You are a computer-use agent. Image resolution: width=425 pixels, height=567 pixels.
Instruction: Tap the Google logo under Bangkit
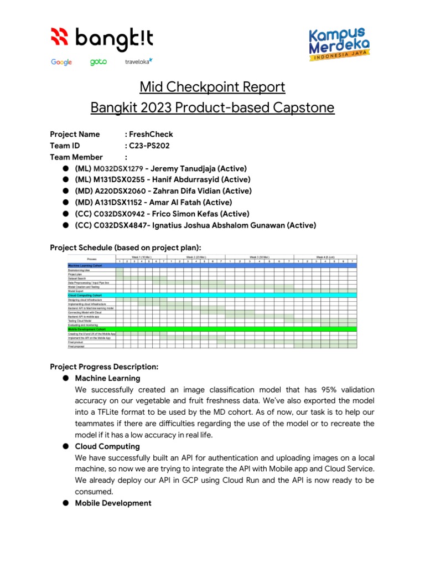(61, 62)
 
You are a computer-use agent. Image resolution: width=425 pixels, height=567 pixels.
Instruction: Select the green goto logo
(98, 62)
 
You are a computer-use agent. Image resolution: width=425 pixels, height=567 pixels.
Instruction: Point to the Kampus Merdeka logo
(339, 45)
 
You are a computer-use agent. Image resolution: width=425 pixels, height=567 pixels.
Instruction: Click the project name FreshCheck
(152, 134)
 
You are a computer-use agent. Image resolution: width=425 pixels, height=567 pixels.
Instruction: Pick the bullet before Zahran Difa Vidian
(65, 191)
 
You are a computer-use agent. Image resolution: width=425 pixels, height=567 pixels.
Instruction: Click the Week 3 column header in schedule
(258, 257)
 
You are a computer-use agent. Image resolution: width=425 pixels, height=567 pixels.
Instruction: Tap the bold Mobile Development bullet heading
(113, 503)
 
